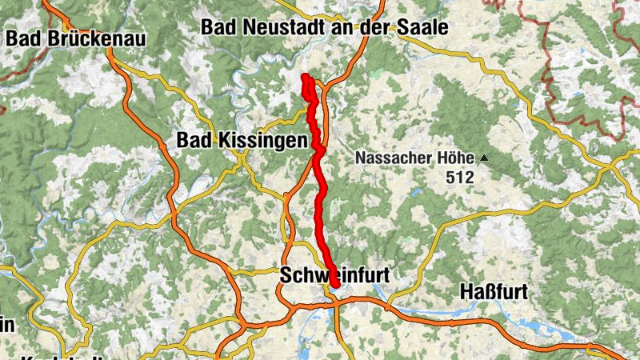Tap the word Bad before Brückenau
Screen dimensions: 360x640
(x=21, y=38)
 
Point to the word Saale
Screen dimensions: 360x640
(x=422, y=27)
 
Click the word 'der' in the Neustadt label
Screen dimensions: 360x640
(x=376, y=27)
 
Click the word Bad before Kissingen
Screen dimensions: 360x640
(x=192, y=141)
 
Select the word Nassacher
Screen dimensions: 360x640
(x=396, y=158)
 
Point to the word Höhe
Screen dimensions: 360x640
(x=457, y=158)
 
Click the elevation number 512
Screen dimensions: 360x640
(x=461, y=178)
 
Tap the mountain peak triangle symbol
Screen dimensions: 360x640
(x=483, y=158)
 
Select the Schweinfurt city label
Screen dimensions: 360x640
(x=334, y=274)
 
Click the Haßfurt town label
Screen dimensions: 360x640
(x=494, y=292)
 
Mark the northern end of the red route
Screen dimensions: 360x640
(x=305, y=77)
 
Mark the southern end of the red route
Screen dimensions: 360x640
(x=335, y=283)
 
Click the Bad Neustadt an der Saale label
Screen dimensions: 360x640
(x=324, y=27)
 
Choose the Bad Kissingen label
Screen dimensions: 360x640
(x=242, y=141)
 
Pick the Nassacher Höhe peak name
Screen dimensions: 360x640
(x=417, y=158)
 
